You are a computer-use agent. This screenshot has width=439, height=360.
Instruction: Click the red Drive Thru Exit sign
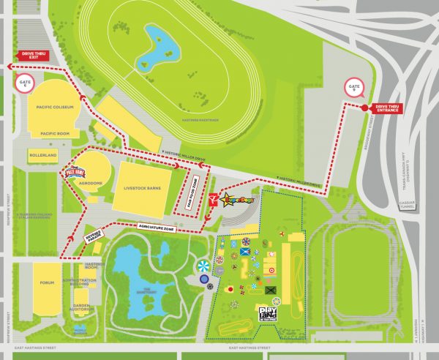click(x=34, y=55)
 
